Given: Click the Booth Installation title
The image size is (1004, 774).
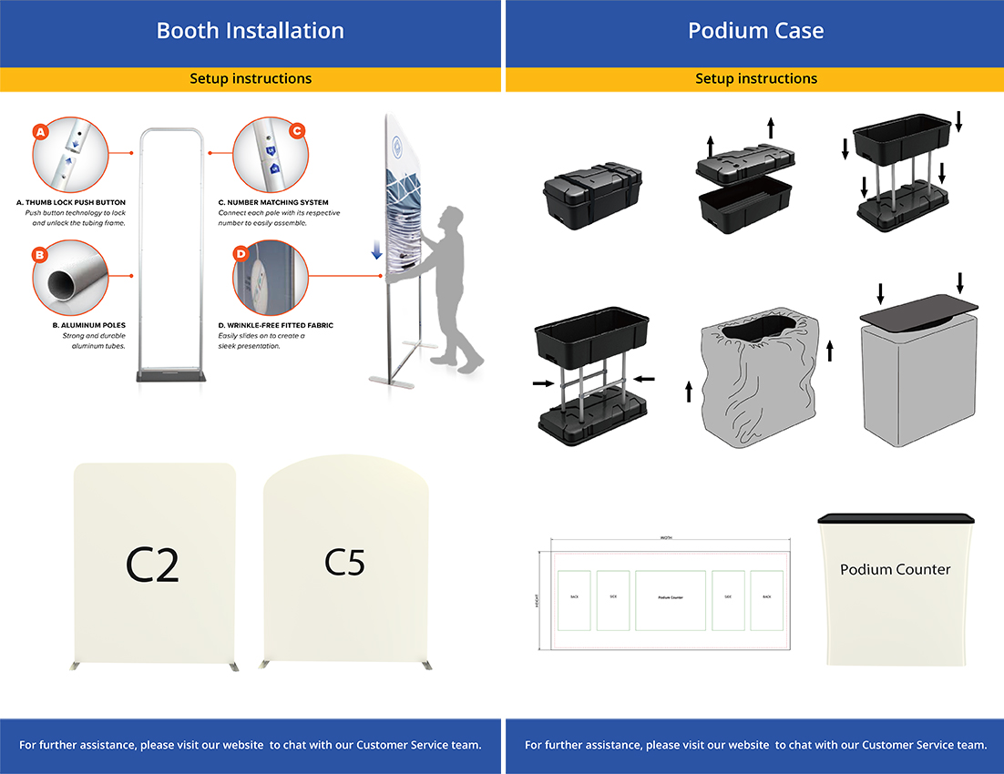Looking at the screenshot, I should pyautogui.click(x=251, y=31).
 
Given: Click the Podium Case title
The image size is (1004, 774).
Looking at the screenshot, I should pyautogui.click(x=755, y=31).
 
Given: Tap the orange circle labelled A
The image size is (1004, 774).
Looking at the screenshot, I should pyautogui.click(x=39, y=132).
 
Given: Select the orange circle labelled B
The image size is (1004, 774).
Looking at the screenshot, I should pyautogui.click(x=39, y=255).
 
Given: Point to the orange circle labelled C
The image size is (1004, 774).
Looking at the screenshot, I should pyautogui.click(x=296, y=131).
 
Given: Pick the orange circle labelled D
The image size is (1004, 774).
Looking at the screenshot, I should pyautogui.click(x=241, y=253).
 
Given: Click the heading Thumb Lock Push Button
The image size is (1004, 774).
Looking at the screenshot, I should pyautogui.click(x=71, y=202).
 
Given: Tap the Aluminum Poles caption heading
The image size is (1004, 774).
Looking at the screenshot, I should pyautogui.click(x=89, y=325).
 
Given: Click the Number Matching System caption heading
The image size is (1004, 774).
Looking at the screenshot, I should pyautogui.click(x=273, y=202).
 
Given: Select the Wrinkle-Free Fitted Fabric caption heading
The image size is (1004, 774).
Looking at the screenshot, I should pyautogui.click(x=276, y=325).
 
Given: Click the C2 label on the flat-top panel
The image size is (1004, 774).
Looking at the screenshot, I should pyautogui.click(x=152, y=565).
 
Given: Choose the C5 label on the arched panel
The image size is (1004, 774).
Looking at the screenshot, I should pyautogui.click(x=344, y=563).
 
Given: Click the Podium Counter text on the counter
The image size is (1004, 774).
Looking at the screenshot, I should pyautogui.click(x=895, y=569).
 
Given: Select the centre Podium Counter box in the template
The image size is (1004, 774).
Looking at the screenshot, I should pyautogui.click(x=670, y=599).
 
